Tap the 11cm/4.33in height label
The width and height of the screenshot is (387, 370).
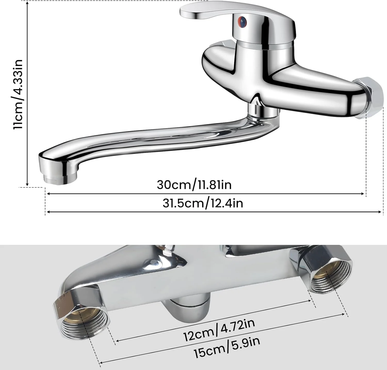point(19,94)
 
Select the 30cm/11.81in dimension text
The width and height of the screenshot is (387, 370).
point(194,185)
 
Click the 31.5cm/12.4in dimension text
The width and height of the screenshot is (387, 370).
point(203,203)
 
